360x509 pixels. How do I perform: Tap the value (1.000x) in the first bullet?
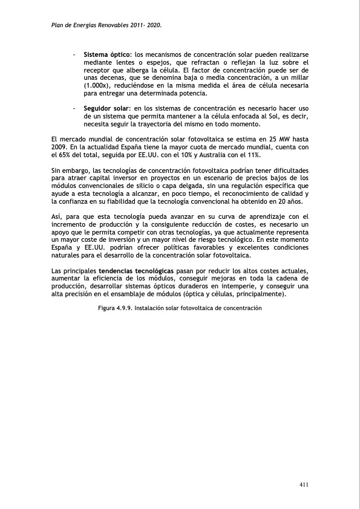[x=96, y=86]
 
